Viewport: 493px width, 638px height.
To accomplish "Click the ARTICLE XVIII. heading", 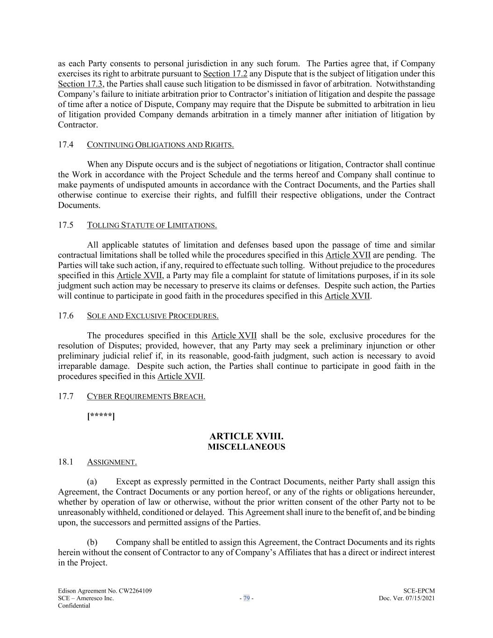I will tap(246, 437).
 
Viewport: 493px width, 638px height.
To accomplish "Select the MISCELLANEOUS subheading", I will tap(246, 447).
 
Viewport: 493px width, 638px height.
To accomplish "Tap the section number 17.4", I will tap(66, 144).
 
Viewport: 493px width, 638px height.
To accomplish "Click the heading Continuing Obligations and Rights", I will tap(160, 145).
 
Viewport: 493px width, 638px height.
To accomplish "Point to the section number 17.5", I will tap(66, 225).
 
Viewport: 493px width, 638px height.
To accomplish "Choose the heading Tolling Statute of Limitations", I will tap(152, 225).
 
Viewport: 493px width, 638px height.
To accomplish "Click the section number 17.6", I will tap(66, 315).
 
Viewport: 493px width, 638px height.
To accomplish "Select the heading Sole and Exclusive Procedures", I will tap(153, 316).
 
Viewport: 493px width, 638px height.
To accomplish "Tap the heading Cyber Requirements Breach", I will tap(146, 396).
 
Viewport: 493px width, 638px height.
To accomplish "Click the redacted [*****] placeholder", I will tap(101, 416).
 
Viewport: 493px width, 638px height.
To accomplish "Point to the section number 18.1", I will tap(66, 462).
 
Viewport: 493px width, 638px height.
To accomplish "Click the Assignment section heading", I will tap(112, 462).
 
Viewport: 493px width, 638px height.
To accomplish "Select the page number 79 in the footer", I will tap(246, 598).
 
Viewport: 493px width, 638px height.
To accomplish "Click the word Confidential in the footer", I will tap(74, 605).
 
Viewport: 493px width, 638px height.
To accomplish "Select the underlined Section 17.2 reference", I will tap(225, 74).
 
